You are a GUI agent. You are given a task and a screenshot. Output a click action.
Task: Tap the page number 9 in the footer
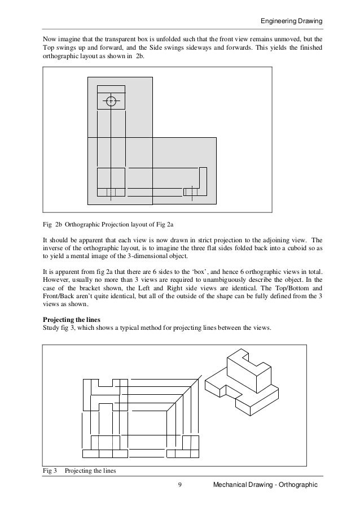(x=178, y=485)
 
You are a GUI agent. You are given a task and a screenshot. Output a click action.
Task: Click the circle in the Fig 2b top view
(x=111, y=101)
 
